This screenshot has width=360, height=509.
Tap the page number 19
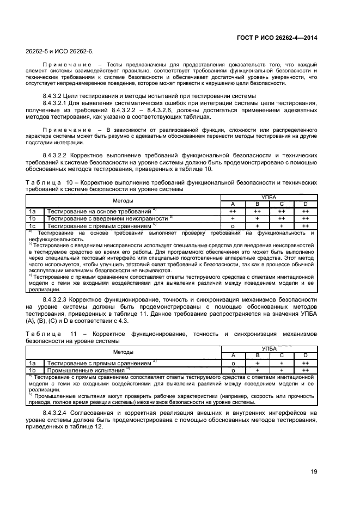tap(314, 472)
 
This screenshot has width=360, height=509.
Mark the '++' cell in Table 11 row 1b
tap(306, 370)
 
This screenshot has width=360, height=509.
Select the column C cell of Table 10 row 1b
tap(281, 218)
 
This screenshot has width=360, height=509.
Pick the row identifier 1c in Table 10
tap(33, 225)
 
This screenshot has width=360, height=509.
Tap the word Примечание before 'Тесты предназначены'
tap(66, 65)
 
